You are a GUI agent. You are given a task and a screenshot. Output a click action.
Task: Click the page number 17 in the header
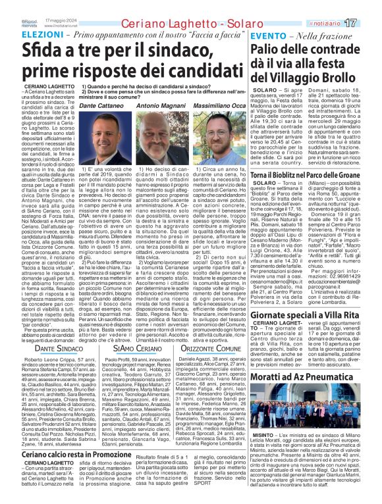coord(368,23)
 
